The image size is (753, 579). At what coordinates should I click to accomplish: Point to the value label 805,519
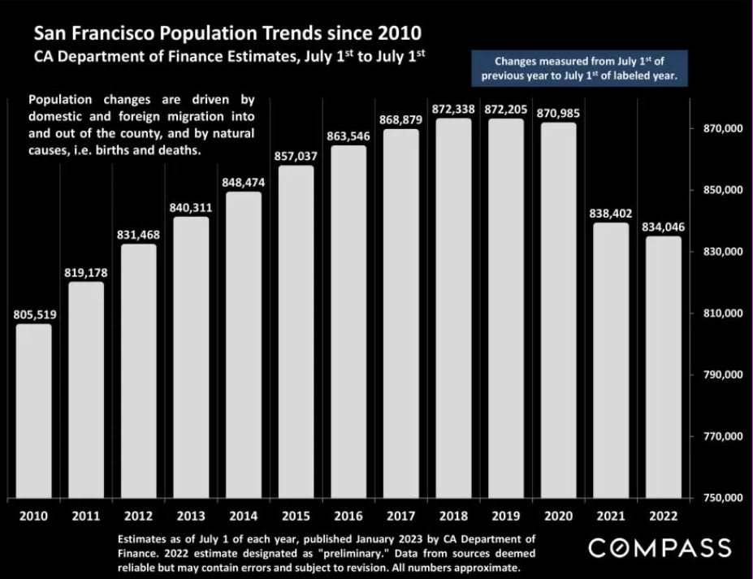[x=33, y=314]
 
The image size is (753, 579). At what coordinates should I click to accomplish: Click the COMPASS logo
[x=660, y=547]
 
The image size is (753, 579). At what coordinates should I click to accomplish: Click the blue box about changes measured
[x=579, y=68]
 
